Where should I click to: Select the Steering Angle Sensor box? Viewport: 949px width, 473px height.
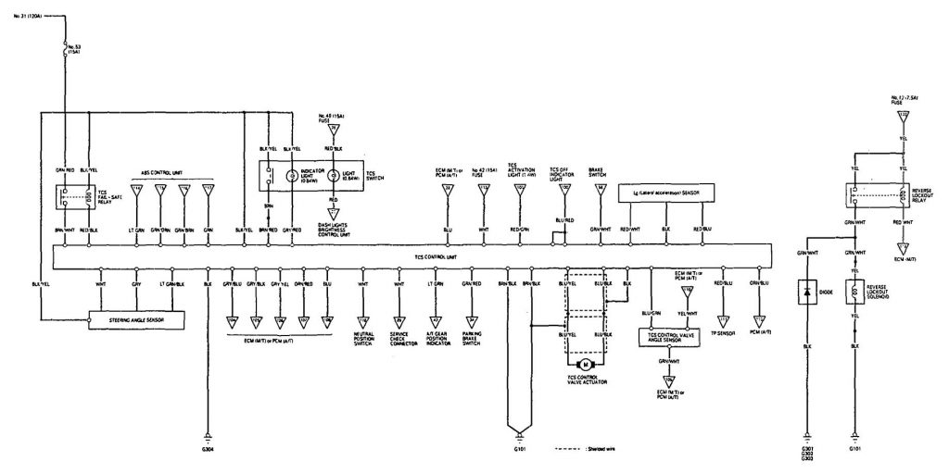[x=135, y=320]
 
